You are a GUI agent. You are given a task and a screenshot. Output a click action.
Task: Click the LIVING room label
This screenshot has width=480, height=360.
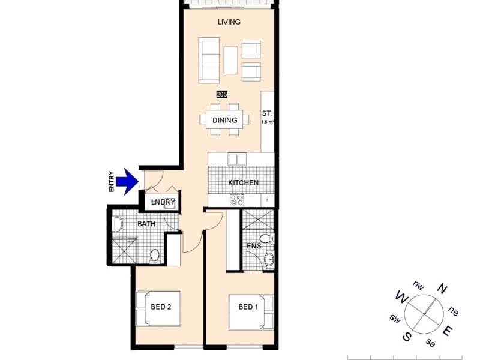click(x=229, y=22)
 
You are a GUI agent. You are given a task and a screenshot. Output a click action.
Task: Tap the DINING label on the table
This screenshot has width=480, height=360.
click(x=224, y=120)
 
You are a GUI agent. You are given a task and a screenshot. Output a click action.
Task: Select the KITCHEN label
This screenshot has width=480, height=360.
click(x=243, y=182)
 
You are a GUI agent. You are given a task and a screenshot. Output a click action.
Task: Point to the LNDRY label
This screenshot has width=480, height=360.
click(x=163, y=202)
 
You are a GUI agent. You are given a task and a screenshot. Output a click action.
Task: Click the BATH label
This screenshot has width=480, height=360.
click(x=146, y=224)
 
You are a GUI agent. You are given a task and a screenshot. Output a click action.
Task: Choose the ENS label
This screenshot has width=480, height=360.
click(x=253, y=246)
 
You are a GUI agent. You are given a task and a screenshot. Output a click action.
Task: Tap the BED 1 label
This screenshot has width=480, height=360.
click(x=249, y=307)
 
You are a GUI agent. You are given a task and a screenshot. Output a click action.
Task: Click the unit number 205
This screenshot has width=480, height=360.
click(x=222, y=95)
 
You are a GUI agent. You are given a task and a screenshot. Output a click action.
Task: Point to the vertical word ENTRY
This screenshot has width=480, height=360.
click(x=112, y=182)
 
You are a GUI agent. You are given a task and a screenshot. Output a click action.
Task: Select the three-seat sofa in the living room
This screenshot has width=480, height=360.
click(x=209, y=60)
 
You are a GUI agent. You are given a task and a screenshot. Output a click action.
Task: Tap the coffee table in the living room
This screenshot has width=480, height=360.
click(x=231, y=60)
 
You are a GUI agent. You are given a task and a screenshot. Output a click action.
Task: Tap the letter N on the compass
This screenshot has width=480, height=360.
click(x=442, y=289)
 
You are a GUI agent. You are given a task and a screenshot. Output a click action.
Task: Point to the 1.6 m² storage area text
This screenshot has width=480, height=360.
click(x=268, y=122)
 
